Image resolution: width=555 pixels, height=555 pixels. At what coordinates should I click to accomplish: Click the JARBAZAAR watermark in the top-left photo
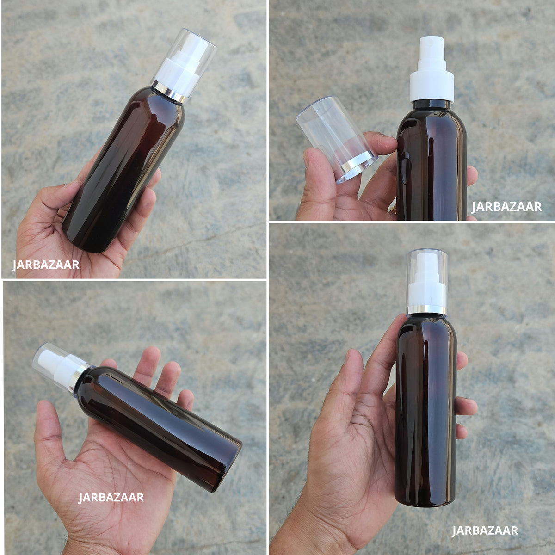45,265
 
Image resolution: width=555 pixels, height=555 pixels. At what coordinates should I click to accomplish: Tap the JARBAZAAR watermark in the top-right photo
506,207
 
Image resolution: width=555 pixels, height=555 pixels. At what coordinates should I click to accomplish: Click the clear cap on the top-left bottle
185,65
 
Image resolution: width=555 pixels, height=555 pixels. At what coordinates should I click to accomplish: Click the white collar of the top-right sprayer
432,87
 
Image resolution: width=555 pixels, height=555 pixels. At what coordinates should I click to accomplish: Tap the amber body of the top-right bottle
432,161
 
